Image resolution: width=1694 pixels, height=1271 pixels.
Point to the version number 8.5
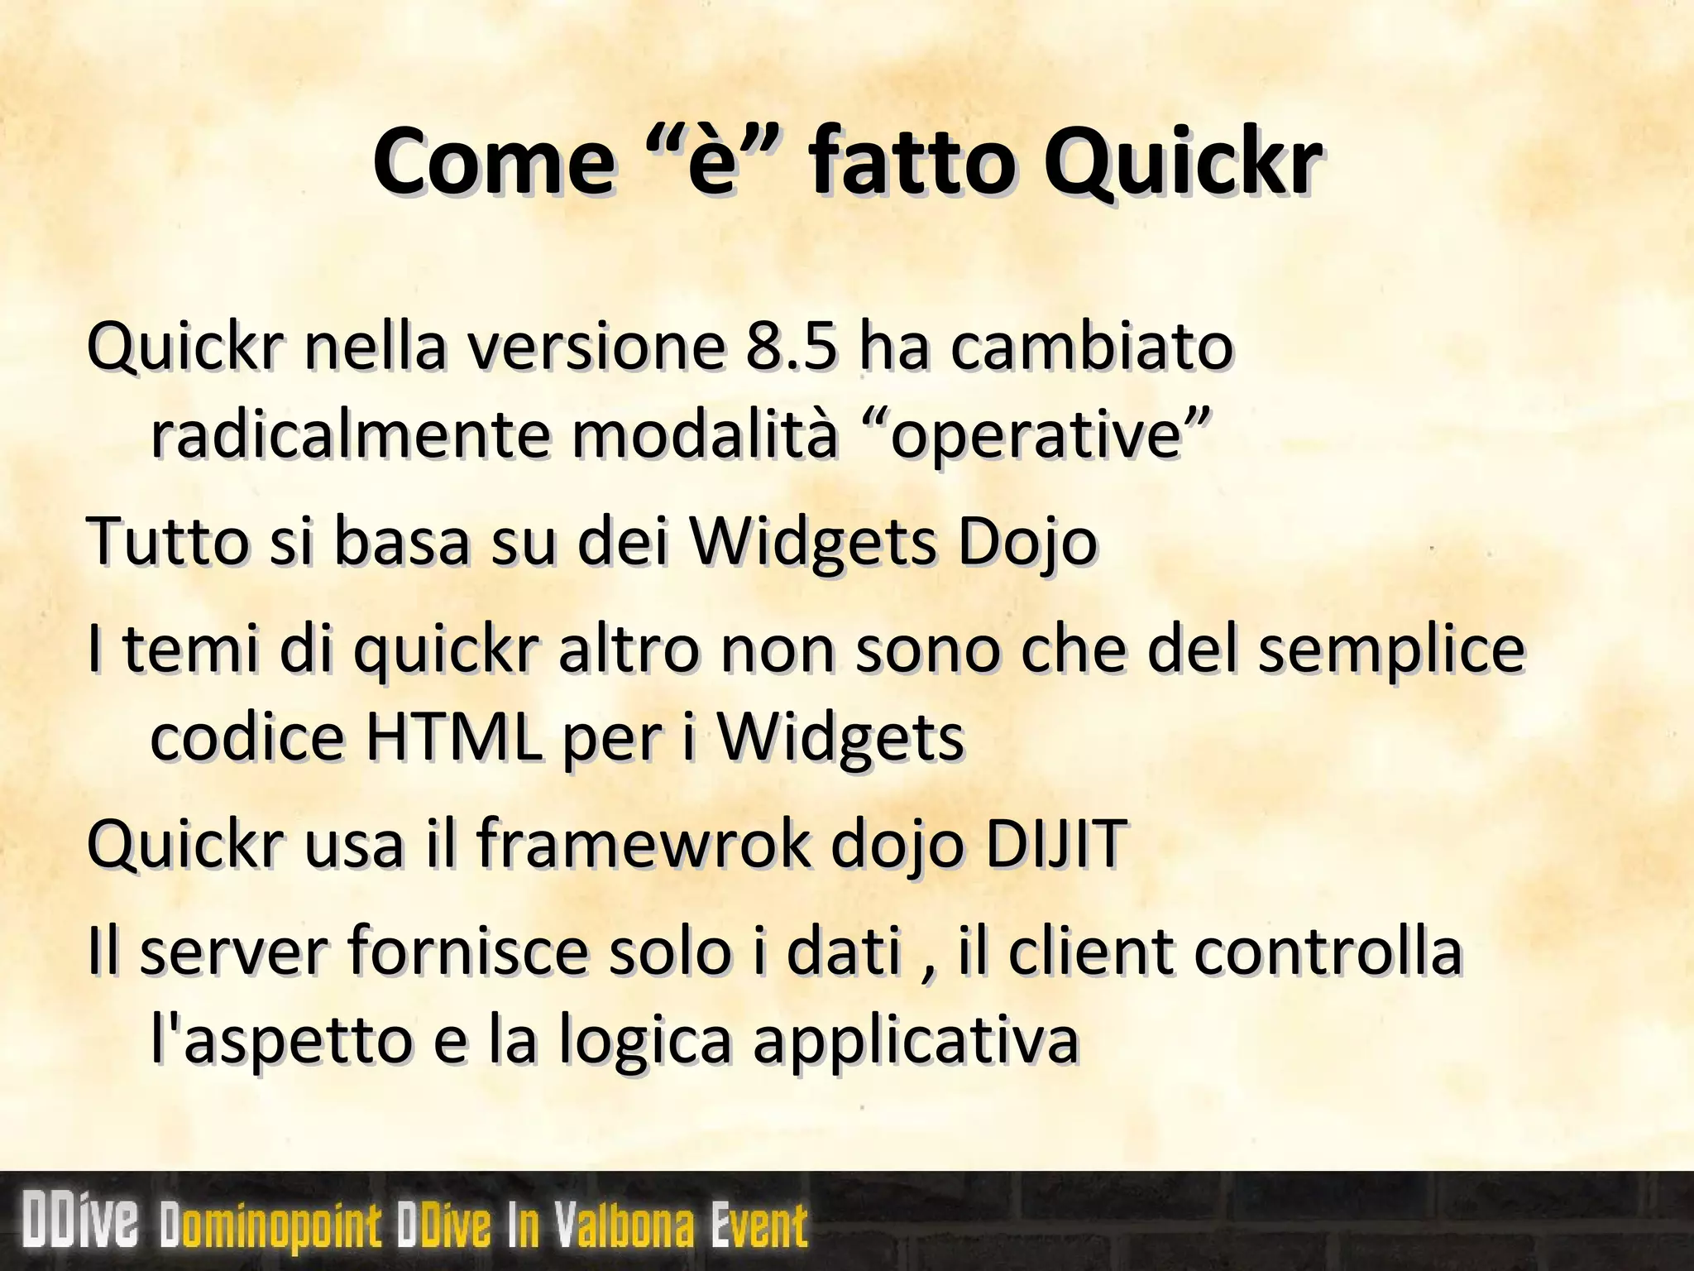coord(789,347)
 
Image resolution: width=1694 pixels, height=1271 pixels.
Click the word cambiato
coord(1091,347)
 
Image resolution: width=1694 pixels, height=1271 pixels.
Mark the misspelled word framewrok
coord(644,844)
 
